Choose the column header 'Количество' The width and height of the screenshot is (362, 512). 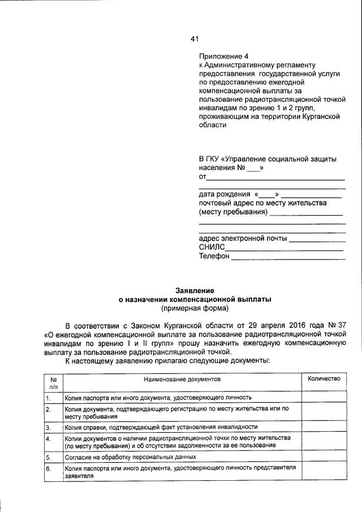pyautogui.click(x=324, y=378)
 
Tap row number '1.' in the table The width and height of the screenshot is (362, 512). pyautogui.click(x=49, y=398)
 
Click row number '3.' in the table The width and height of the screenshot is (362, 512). pyautogui.click(x=49, y=427)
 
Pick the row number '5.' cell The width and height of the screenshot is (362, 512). pyautogui.click(x=49, y=457)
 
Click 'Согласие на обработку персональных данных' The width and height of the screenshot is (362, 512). pyautogui.click(x=130, y=457)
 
